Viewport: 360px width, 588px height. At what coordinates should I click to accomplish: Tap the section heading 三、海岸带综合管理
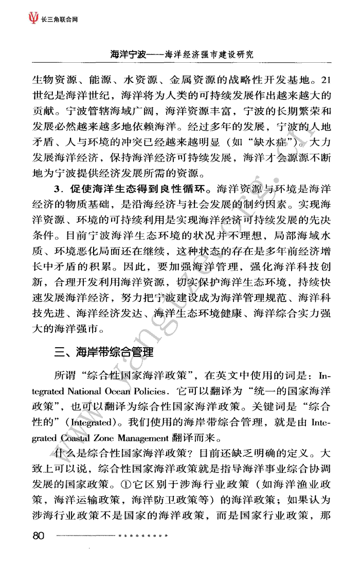(x=104, y=352)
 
